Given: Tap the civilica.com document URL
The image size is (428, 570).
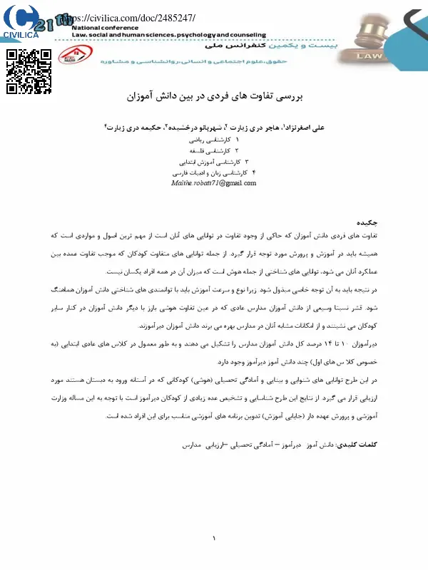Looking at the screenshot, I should tap(128, 17).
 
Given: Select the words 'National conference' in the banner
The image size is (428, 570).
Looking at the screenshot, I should tap(103, 26).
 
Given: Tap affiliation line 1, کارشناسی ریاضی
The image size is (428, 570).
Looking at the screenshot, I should tap(214, 140).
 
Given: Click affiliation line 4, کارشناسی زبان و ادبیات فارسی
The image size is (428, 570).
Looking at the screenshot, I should tap(212, 172).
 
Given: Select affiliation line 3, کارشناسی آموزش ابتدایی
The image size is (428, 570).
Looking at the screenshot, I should tap(213, 162).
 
